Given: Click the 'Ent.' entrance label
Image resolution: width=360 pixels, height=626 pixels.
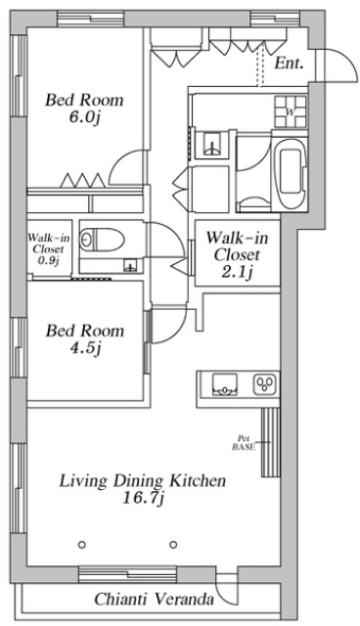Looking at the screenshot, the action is pyautogui.click(x=290, y=63).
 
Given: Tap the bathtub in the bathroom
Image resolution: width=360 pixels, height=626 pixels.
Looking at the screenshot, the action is pyautogui.click(x=291, y=173).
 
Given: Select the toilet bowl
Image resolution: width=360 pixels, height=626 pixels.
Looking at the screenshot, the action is pyautogui.click(x=102, y=240).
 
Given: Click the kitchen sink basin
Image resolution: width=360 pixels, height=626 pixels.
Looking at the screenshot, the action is pyautogui.click(x=224, y=384).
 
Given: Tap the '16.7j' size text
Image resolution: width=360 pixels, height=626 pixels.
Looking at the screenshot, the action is pyautogui.click(x=143, y=499).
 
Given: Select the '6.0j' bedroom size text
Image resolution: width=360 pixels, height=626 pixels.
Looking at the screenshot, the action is pyautogui.click(x=83, y=118).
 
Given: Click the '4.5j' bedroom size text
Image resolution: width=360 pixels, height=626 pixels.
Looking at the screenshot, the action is pyautogui.click(x=84, y=349).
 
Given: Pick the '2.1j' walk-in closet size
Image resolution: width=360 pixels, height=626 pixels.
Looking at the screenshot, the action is pyautogui.click(x=238, y=273).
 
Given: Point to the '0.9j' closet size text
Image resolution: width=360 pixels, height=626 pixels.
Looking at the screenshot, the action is pyautogui.click(x=48, y=261).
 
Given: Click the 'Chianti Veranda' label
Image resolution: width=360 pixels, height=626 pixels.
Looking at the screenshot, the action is pyautogui.click(x=154, y=600).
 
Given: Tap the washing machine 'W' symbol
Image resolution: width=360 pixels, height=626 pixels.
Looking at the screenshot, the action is pyautogui.click(x=291, y=112).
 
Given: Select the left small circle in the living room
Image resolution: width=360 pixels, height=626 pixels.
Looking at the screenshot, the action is pyautogui.click(x=82, y=544).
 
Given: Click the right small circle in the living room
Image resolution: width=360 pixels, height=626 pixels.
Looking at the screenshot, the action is pyautogui.click(x=173, y=544).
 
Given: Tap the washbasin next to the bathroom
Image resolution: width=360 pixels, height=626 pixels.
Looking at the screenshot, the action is pyautogui.click(x=212, y=144).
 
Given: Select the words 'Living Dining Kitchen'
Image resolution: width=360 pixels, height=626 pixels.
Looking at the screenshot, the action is pyautogui.click(x=143, y=480).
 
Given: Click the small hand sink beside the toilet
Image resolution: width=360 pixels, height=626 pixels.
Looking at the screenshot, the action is pyautogui.click(x=130, y=265).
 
